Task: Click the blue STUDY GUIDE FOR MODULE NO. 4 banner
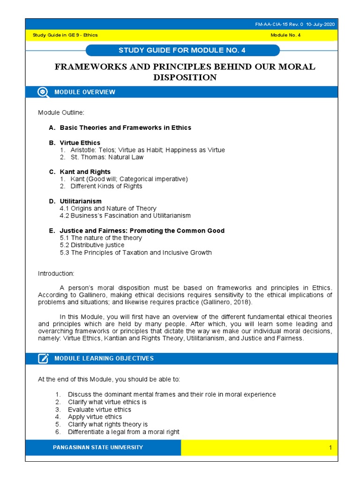[183, 50]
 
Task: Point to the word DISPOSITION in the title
[185, 77]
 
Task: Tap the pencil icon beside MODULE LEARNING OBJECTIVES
[43, 359]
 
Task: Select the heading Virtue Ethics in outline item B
[80, 142]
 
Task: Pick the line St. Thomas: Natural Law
[107, 157]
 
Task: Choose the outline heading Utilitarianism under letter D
[81, 201]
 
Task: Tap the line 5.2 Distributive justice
[92, 245]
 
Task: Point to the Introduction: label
[56, 273]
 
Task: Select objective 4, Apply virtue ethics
[95, 417]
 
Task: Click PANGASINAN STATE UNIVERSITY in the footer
[98, 448]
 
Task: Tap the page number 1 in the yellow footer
[330, 448]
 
